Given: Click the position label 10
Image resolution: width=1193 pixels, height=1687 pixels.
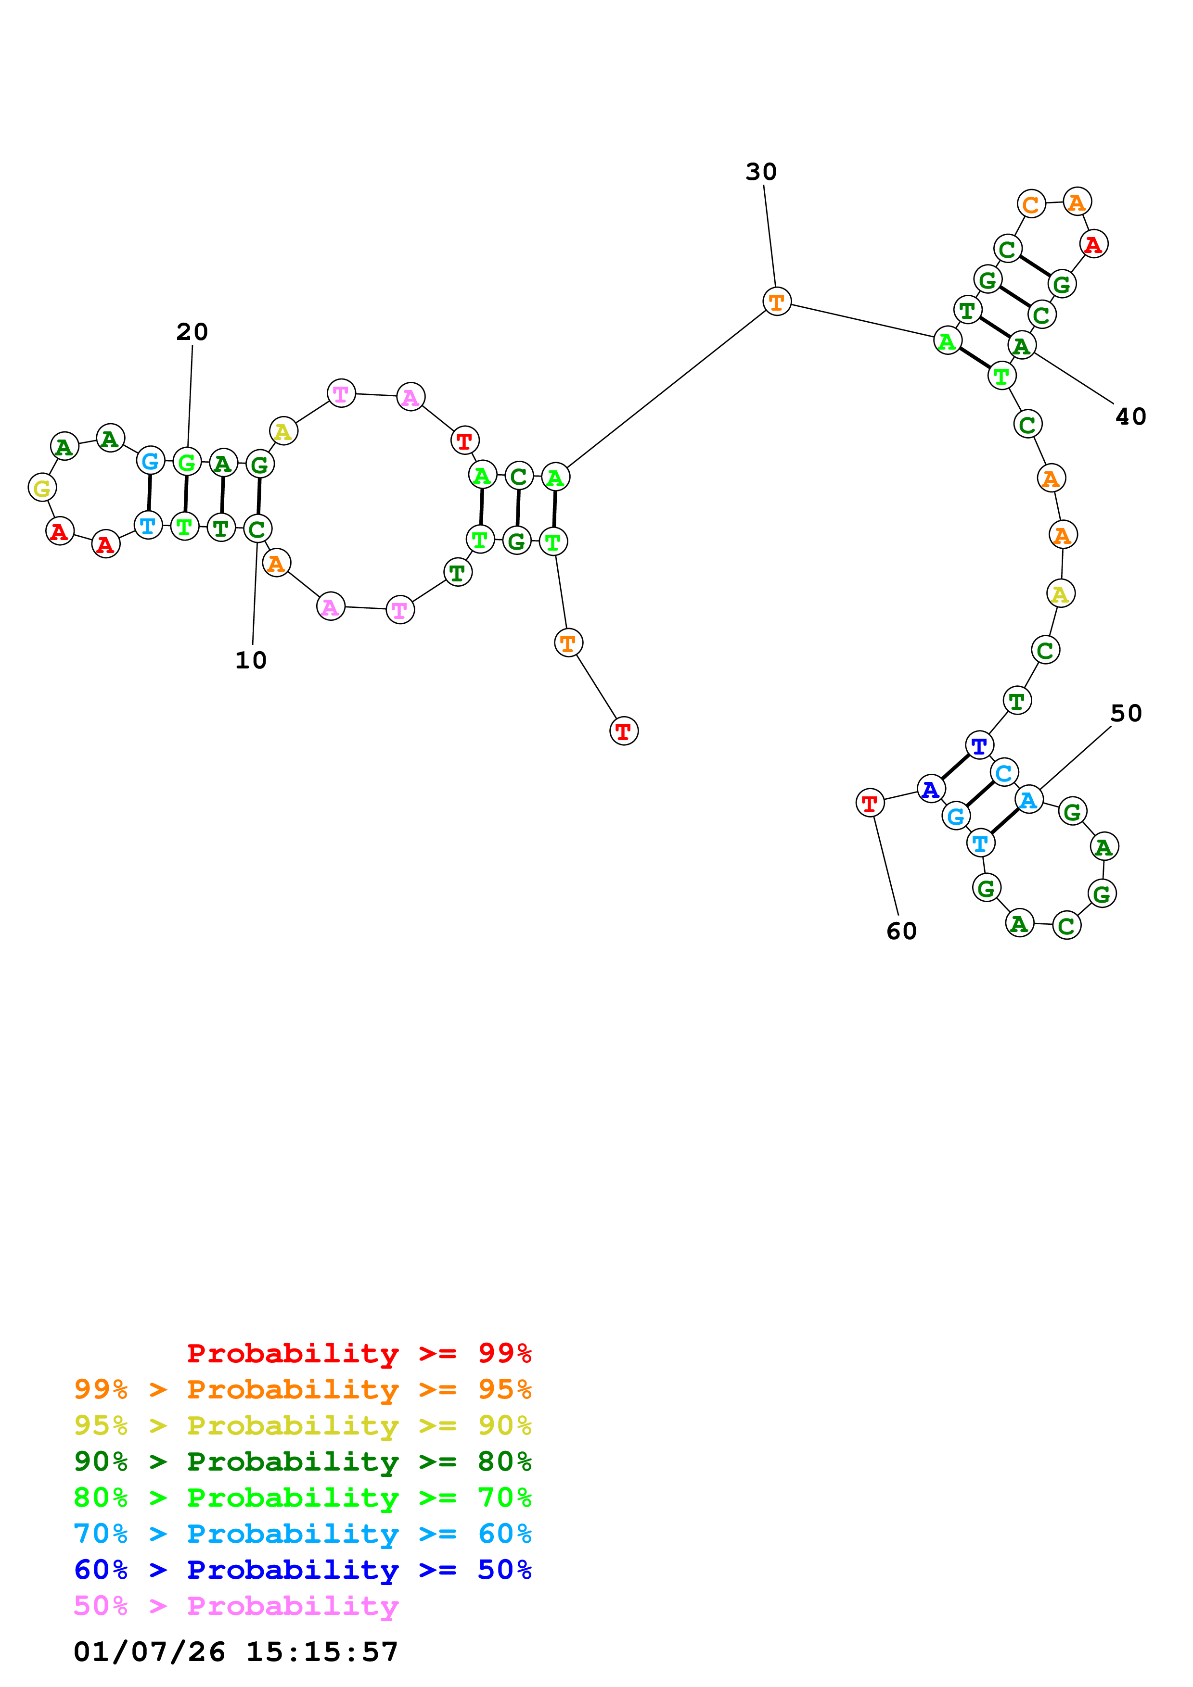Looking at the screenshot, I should [x=251, y=660].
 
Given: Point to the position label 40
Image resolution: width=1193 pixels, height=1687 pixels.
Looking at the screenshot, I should [x=1130, y=416].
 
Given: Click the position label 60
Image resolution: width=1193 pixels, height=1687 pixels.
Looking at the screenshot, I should [x=901, y=931].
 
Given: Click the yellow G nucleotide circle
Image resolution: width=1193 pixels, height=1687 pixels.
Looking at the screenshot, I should [x=42, y=487].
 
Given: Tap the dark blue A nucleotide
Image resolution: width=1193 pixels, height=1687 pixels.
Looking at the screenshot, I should [x=931, y=789].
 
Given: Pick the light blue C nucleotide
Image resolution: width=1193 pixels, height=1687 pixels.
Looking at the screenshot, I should [x=1004, y=772].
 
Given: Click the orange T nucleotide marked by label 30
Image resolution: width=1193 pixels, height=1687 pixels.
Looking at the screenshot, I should [x=777, y=301].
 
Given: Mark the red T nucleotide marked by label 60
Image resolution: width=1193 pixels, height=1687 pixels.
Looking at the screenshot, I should [x=870, y=803].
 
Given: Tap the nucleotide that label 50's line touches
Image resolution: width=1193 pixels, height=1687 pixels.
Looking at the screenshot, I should [x=1028, y=799].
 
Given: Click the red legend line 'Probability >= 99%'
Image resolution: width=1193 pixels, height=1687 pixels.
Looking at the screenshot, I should [x=359, y=1353].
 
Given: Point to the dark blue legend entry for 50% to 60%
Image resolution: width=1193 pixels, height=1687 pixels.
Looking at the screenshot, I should [x=302, y=1570].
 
